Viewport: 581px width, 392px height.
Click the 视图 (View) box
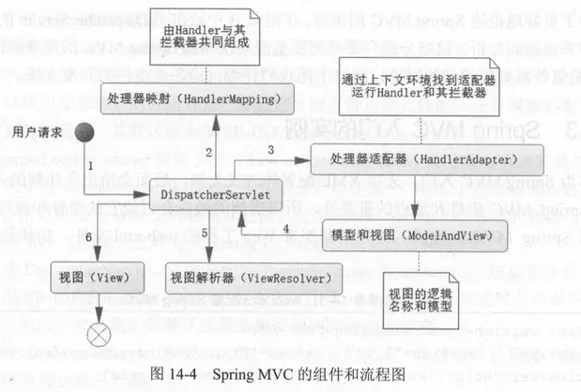(x=101, y=278)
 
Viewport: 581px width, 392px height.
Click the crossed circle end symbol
(x=99, y=334)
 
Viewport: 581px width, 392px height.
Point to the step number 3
(x=270, y=150)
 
